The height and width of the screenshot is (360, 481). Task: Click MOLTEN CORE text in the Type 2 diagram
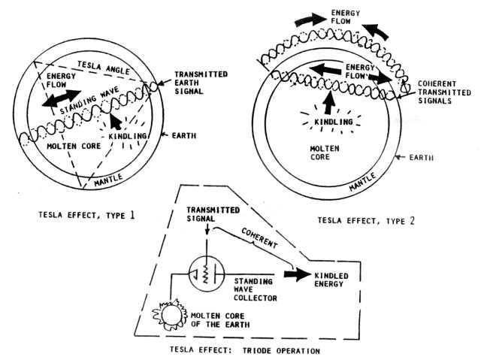pyautogui.click(x=320, y=153)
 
